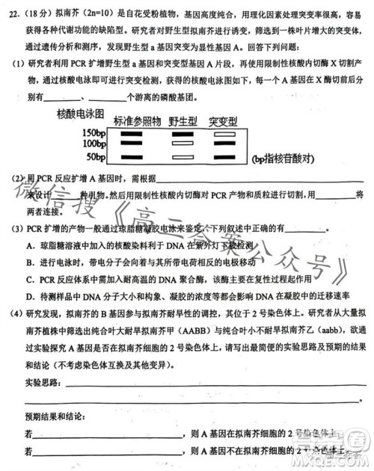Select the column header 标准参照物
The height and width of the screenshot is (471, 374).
click(x=137, y=121)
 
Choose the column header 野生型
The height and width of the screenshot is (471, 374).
click(x=182, y=121)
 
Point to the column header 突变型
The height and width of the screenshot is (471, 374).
click(x=222, y=121)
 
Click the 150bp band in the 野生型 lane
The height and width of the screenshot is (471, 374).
click(x=182, y=132)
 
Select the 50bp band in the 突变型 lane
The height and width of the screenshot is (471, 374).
click(x=222, y=157)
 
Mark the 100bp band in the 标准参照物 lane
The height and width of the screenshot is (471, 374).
click(x=132, y=143)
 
